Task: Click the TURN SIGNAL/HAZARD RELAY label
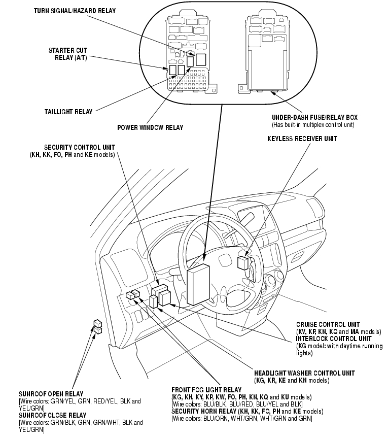pyautogui.click(x=75, y=11)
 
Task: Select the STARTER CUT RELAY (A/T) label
pyautogui.click(x=68, y=54)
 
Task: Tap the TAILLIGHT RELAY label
pyautogui.click(x=68, y=112)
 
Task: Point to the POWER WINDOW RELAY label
pyautogui.click(x=150, y=128)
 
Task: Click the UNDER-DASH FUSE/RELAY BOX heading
pyautogui.click(x=314, y=117)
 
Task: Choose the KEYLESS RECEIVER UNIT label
pyautogui.click(x=302, y=139)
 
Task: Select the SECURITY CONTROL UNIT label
pyautogui.click(x=80, y=148)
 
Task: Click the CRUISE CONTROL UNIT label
pyautogui.click(x=328, y=324)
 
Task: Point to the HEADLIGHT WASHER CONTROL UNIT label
pyautogui.click(x=304, y=373)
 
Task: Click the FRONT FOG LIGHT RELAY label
pyautogui.click(x=206, y=390)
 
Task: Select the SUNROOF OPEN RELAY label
pyautogui.click(x=51, y=394)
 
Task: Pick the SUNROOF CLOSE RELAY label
pyautogui.click(x=53, y=415)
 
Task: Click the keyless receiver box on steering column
pyautogui.click(x=242, y=262)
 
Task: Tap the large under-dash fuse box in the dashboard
pyautogui.click(x=198, y=284)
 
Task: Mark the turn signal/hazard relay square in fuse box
pyautogui.click(x=201, y=60)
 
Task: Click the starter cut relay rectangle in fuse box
pyautogui.click(x=172, y=70)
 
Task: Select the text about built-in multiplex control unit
pyautogui.click(x=313, y=125)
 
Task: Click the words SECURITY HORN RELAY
pyautogui.click(x=204, y=411)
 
